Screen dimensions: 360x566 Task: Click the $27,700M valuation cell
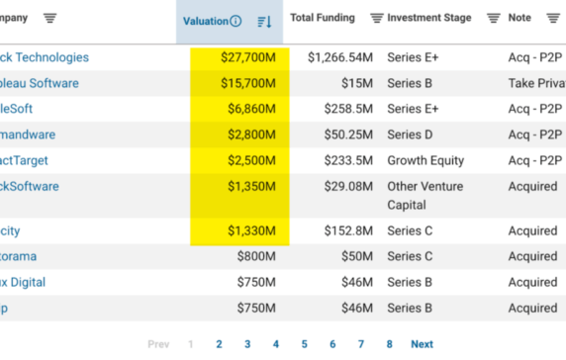coord(248,58)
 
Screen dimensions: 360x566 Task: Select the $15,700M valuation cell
coord(248,84)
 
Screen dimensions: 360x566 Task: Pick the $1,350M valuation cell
coord(252,187)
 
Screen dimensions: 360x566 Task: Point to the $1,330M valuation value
coord(252,231)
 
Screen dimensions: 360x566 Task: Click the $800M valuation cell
coord(256,257)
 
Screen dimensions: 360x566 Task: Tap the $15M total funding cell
coord(357,84)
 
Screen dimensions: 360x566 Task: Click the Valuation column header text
coord(205,21)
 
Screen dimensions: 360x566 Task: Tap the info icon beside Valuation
coord(236,21)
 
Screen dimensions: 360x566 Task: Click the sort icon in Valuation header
coord(264,21)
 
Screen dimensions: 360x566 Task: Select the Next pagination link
coord(422,344)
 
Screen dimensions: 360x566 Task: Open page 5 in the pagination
coord(304,344)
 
